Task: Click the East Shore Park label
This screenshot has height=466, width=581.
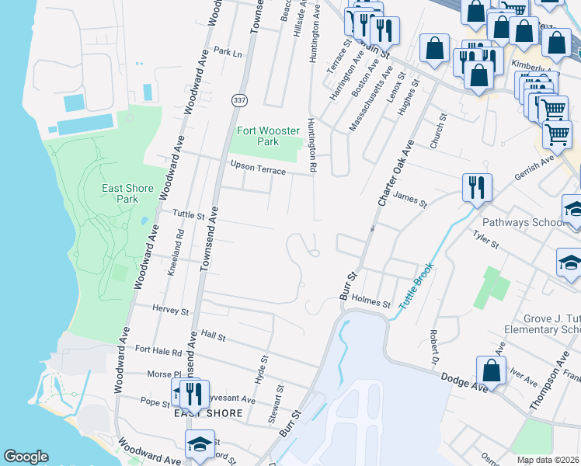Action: [120, 193]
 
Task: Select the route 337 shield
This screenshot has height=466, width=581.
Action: [238, 101]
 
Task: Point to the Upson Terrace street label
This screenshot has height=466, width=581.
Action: [258, 166]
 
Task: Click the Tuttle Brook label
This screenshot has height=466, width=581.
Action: [415, 287]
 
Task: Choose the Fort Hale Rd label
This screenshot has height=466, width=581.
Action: [162, 353]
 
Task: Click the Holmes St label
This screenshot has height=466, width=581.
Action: [370, 301]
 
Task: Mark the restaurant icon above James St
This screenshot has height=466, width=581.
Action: [475, 187]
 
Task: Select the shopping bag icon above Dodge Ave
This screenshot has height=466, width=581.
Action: [491, 370]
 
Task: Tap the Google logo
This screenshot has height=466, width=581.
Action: [26, 457]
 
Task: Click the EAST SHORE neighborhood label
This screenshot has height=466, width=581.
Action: [207, 413]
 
